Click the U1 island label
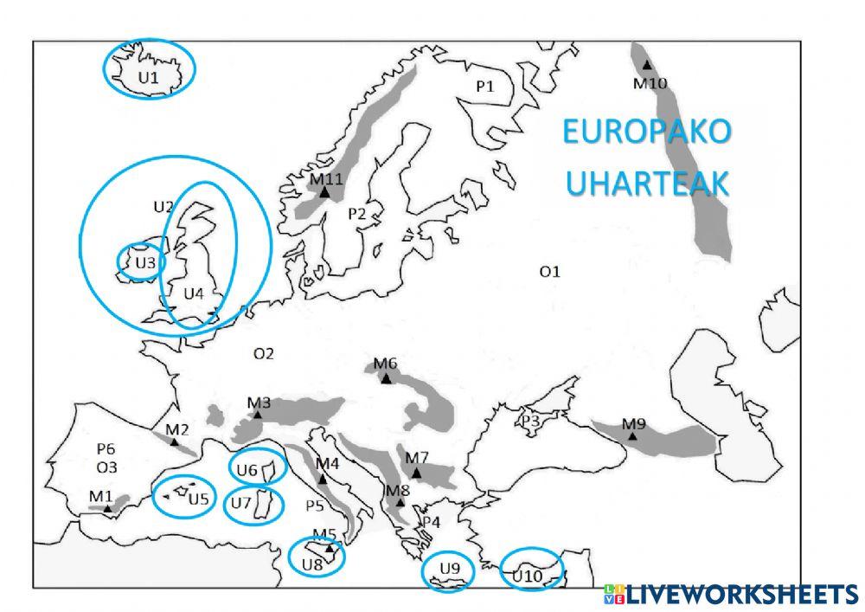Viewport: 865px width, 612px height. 149,77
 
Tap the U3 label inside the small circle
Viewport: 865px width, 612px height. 144,261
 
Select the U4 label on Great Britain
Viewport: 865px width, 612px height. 194,293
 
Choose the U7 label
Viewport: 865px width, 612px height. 241,502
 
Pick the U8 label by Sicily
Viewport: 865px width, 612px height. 312,564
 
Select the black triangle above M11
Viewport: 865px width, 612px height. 324,192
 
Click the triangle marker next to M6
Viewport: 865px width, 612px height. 387,378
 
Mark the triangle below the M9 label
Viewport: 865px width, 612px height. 633,437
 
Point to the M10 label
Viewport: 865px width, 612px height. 650,83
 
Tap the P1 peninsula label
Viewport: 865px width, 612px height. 484,86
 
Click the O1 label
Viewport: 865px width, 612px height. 550,272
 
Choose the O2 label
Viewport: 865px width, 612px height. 263,353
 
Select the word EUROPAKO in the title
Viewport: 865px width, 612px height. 646,134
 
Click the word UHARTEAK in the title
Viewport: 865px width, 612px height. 646,184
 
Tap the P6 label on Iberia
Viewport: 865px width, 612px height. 106,448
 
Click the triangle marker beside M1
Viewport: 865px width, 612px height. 107,509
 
